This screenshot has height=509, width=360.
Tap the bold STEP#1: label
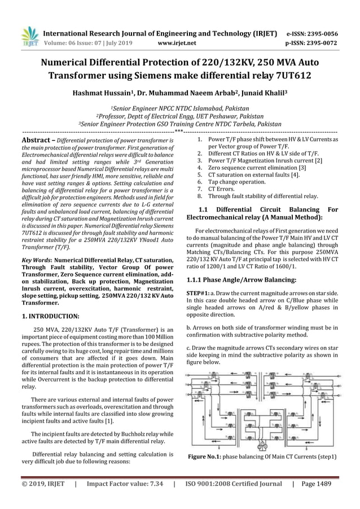click(x=199, y=293)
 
